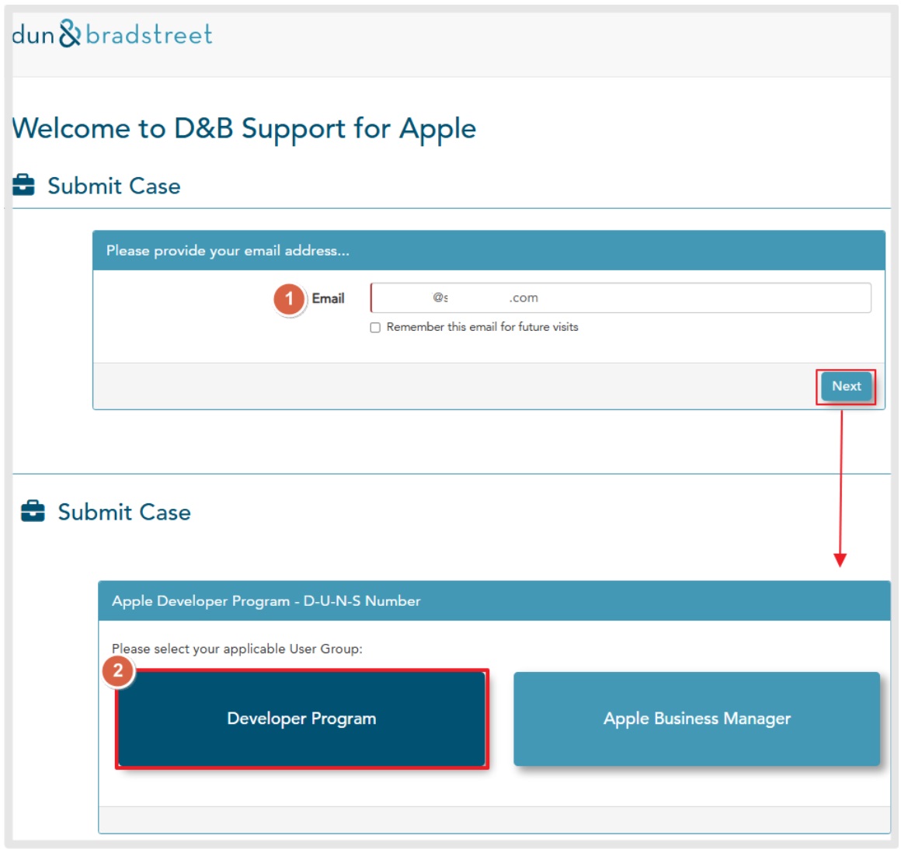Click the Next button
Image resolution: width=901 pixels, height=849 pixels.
click(x=846, y=386)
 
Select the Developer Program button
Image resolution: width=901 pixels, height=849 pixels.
click(x=301, y=719)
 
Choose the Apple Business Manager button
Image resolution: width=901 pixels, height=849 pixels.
click(x=697, y=719)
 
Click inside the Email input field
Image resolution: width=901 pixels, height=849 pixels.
click(x=621, y=297)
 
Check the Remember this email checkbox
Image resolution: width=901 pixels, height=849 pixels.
click(x=375, y=328)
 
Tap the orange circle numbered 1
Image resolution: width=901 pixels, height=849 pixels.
click(x=289, y=299)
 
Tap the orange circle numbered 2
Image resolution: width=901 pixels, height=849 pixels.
click(x=118, y=671)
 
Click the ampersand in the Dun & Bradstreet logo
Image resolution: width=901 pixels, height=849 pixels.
click(x=70, y=33)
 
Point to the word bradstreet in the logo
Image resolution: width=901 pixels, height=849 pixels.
click(x=149, y=34)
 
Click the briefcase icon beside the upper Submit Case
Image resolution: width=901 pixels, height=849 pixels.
click(x=23, y=185)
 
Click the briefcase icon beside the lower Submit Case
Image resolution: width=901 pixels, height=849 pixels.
click(x=33, y=511)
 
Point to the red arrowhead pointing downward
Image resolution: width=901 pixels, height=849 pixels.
click(x=840, y=560)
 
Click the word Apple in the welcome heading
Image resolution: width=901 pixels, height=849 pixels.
click(x=438, y=129)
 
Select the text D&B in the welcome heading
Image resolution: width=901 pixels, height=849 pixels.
click(x=204, y=128)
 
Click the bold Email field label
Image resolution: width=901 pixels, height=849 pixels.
click(x=328, y=298)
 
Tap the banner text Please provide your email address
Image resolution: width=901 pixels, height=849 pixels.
click(x=228, y=251)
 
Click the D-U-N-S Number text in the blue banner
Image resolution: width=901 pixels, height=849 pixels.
click(x=362, y=600)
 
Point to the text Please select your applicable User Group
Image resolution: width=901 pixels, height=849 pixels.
click(x=237, y=649)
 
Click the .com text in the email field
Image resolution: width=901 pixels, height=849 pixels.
click(x=524, y=297)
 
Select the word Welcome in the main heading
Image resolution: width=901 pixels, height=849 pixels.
click(x=71, y=128)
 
